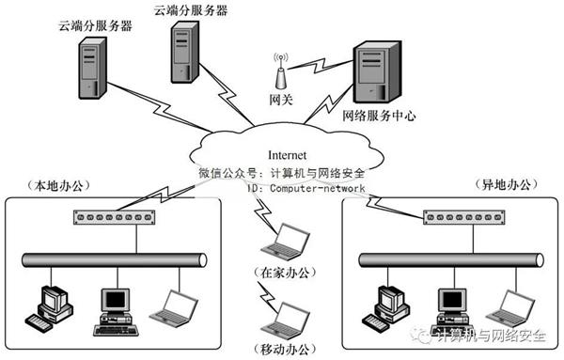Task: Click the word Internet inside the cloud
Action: pos(287,155)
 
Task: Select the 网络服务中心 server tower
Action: pos(377,71)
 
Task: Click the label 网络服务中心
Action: pos(379,116)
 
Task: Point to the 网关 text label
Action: pos(281,100)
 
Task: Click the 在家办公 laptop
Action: pos(285,242)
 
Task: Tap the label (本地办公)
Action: pos(58,185)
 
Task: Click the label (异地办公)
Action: pos(507,184)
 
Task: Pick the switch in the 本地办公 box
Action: pos(114,217)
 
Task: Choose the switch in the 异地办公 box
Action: pos(464,217)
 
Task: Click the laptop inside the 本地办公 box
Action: pos(174,308)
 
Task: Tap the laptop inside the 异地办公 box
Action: pos(510,308)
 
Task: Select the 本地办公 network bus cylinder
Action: pos(115,260)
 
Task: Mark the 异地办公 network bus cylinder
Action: pos(451,260)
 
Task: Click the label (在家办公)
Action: pos(285,273)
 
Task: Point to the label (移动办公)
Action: pos(285,349)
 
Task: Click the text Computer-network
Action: pos(318,188)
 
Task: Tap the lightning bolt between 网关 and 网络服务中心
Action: pos(321,64)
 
